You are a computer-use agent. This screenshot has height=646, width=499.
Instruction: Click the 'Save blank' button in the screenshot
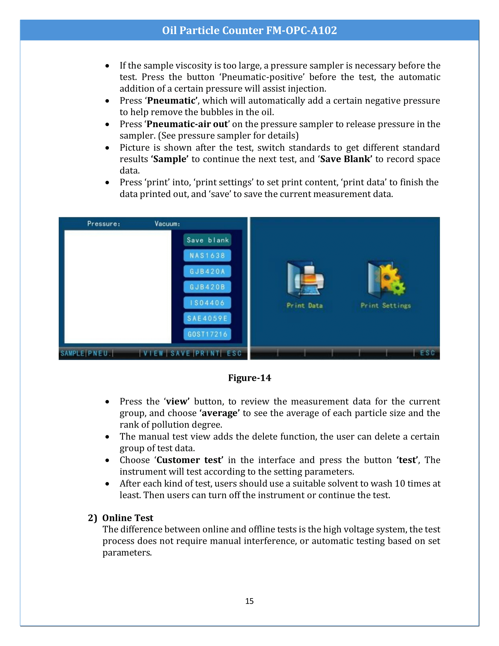coord(207,240)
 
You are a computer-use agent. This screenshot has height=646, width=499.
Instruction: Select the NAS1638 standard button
coord(207,255)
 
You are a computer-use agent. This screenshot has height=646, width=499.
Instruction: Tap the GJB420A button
coord(207,271)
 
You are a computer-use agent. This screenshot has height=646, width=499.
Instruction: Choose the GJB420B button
coord(207,287)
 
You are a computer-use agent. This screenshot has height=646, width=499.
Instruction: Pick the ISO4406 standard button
coord(207,302)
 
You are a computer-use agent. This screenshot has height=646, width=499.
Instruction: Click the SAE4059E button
coord(207,318)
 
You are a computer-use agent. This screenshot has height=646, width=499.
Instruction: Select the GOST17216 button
coord(207,334)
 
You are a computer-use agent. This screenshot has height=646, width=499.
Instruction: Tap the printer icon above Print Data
coord(305,280)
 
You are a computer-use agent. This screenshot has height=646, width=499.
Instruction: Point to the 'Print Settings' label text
coord(385,306)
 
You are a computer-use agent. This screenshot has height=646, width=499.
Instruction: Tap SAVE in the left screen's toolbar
coord(180,353)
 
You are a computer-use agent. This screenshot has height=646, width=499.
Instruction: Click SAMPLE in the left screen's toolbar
coord(73,353)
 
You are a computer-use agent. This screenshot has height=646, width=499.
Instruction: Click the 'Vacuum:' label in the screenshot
coord(167,224)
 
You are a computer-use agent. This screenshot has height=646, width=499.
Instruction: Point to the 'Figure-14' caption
coord(249,378)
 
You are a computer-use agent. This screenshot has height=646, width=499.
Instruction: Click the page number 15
coord(249,601)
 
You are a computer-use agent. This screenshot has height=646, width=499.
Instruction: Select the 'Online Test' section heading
coord(128,518)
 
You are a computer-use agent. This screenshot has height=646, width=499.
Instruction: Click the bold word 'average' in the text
coord(219,413)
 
